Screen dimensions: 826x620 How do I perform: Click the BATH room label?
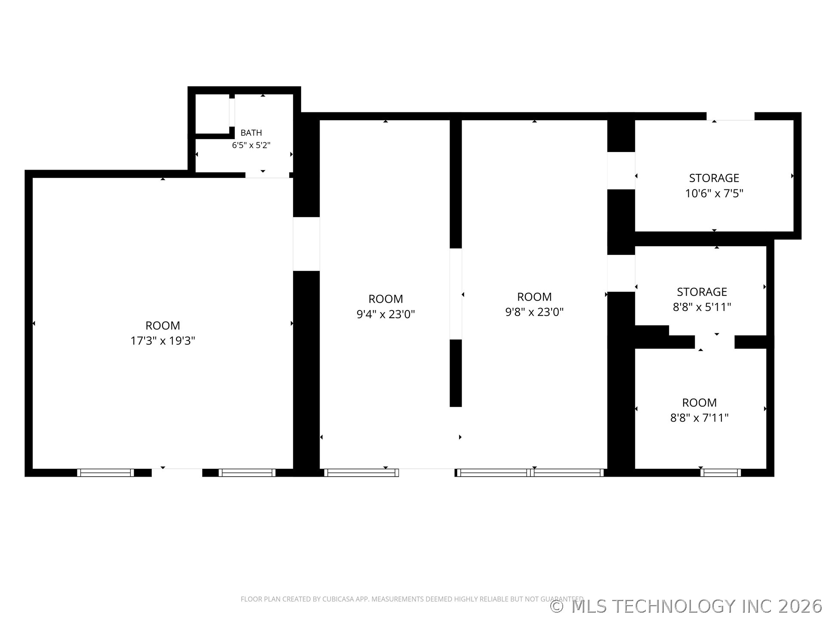coord(251,133)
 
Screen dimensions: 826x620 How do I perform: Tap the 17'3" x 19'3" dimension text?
coord(163,341)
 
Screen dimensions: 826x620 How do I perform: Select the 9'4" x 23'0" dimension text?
coord(385,314)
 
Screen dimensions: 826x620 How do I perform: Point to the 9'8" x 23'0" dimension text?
coord(534,312)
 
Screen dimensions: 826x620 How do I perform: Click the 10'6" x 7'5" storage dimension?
coord(714,193)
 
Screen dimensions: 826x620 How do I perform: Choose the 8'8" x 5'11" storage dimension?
coord(702,307)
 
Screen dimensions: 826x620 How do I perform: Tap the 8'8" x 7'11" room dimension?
coord(700,418)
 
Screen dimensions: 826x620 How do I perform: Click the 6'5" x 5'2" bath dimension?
coord(251,145)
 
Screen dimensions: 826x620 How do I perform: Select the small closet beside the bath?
coord(213,114)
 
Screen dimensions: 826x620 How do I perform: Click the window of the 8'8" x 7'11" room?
coord(721,472)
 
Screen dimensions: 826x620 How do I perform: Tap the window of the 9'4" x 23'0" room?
coord(361,472)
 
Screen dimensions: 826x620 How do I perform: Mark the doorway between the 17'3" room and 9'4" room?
coord(306,244)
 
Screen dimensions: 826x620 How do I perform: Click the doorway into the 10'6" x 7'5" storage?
coord(621,170)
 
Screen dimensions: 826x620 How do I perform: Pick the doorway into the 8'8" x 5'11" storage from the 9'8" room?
coord(621,273)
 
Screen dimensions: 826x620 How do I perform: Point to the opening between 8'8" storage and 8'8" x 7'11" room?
coord(715,342)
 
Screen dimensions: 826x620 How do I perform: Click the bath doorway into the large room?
coord(267,175)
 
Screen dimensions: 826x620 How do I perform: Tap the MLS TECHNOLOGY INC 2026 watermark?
coord(687,606)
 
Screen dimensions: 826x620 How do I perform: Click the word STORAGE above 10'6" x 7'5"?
coord(714,178)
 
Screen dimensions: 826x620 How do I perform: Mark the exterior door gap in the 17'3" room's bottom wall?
coord(177,472)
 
